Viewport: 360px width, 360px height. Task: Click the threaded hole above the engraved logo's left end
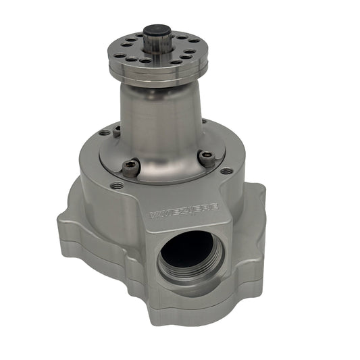tap(120, 184)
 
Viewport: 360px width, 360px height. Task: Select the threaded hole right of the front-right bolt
tap(225, 170)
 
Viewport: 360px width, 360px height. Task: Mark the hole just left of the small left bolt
tap(103, 133)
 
